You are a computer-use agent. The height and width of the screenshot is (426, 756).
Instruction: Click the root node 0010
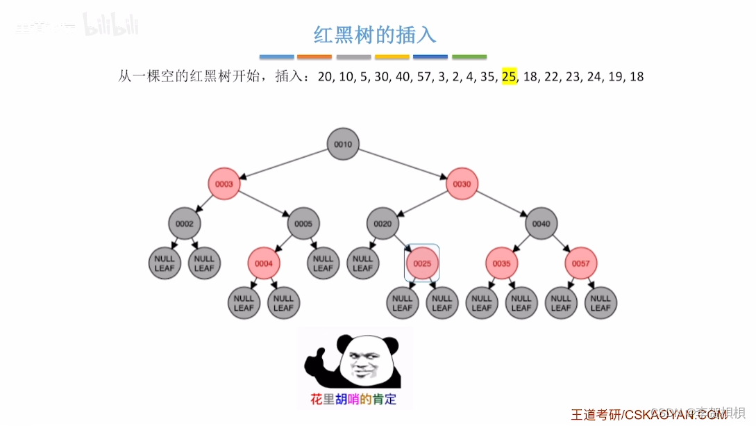pyautogui.click(x=343, y=145)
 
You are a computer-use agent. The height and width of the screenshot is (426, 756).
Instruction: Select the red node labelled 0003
pyautogui.click(x=224, y=184)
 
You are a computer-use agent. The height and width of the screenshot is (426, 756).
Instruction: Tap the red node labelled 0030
pyautogui.click(x=462, y=184)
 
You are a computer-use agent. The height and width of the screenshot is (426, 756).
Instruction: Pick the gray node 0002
pyautogui.click(x=185, y=224)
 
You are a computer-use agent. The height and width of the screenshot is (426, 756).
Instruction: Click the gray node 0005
pyautogui.click(x=303, y=224)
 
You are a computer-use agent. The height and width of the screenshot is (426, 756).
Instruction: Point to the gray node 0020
pyautogui.click(x=383, y=224)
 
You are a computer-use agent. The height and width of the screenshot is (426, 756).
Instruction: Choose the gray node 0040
pyautogui.click(x=541, y=224)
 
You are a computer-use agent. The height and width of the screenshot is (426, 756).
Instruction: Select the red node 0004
pyautogui.click(x=264, y=263)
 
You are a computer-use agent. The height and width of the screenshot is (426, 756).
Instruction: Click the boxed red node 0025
pyautogui.click(x=422, y=263)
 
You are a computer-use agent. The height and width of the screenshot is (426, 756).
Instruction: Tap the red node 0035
pyautogui.click(x=501, y=263)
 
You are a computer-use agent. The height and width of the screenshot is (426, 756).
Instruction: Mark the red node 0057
pyautogui.click(x=580, y=263)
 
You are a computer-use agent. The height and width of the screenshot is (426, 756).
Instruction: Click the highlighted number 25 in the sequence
pyautogui.click(x=509, y=76)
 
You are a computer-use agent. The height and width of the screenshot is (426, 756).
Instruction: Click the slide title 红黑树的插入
pyautogui.click(x=375, y=35)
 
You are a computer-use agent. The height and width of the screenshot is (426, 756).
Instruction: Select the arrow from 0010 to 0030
pyautogui.click(x=403, y=165)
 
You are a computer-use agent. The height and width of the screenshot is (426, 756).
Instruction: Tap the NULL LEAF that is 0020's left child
pyautogui.click(x=362, y=263)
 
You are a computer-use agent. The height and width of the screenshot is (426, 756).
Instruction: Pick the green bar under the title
pyautogui.click(x=469, y=56)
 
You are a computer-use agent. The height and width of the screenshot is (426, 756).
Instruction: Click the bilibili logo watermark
pyautogui.click(x=111, y=26)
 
